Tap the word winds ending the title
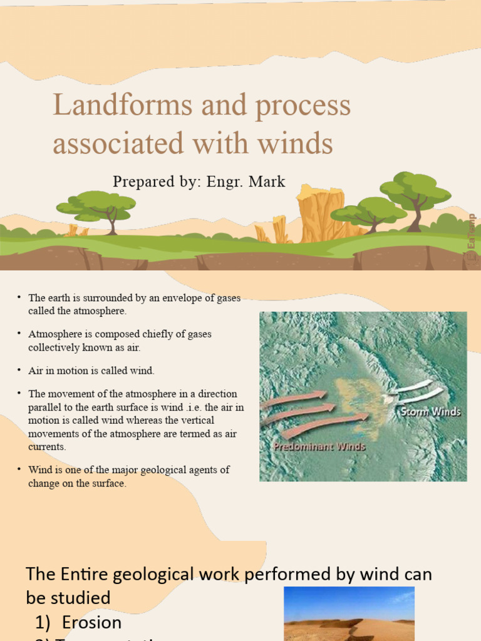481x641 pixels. pyautogui.click(x=298, y=143)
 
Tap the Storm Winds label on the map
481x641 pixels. pyautogui.click(x=430, y=412)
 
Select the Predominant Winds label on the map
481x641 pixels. pyautogui.click(x=319, y=447)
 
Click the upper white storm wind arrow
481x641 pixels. pyautogui.click(x=413, y=386)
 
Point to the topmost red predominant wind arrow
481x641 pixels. pyautogui.click(x=294, y=398)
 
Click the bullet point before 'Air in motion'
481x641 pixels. pyautogui.click(x=19, y=371)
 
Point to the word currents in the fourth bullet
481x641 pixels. pyautogui.click(x=47, y=447)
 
